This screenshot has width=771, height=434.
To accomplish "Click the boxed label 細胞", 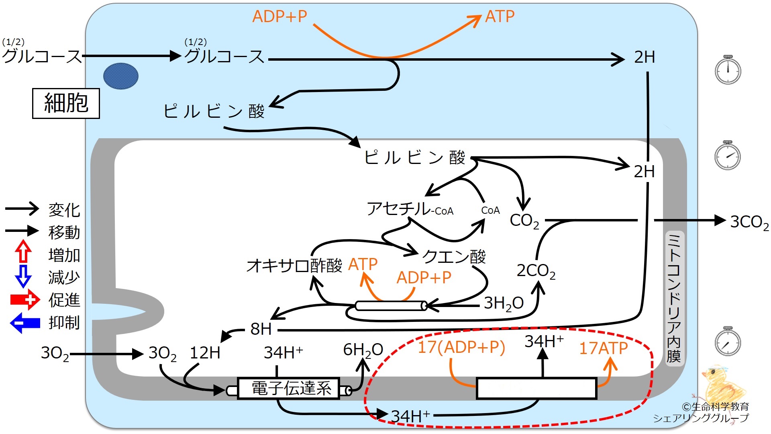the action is pyautogui.click(x=66, y=103).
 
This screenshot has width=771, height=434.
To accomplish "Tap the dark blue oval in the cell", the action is pyautogui.click(x=121, y=76).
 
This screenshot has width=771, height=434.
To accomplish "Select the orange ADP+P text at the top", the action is pyautogui.click(x=279, y=16).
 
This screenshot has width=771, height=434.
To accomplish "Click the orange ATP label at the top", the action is pyautogui.click(x=500, y=16).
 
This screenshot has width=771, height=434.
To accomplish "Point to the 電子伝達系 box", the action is pyautogui.click(x=289, y=388).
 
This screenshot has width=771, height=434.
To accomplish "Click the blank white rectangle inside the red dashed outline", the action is pyautogui.click(x=536, y=388).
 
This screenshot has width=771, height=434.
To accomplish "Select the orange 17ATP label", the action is pyautogui.click(x=603, y=348).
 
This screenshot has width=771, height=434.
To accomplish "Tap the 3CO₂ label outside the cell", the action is pyautogui.click(x=749, y=222).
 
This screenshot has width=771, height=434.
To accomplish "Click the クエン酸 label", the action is pyautogui.click(x=454, y=256).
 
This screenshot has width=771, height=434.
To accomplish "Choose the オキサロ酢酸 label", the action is pyautogui.click(x=294, y=266).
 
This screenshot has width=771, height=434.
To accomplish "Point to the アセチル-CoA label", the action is pyautogui.click(x=410, y=209).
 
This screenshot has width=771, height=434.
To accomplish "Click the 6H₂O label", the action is pyautogui.click(x=363, y=350).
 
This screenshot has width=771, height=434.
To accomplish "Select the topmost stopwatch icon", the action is pyautogui.click(x=728, y=70).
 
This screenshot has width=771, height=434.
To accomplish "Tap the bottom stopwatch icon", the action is pyautogui.click(x=728, y=341).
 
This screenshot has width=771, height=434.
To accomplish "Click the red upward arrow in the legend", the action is pyautogui.click(x=23, y=252).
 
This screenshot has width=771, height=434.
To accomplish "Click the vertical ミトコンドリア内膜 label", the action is pyautogui.click(x=674, y=298).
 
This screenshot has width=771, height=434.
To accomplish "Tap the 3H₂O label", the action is pyautogui.click(x=504, y=303).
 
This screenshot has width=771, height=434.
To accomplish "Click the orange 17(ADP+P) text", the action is pyautogui.click(x=461, y=347).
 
